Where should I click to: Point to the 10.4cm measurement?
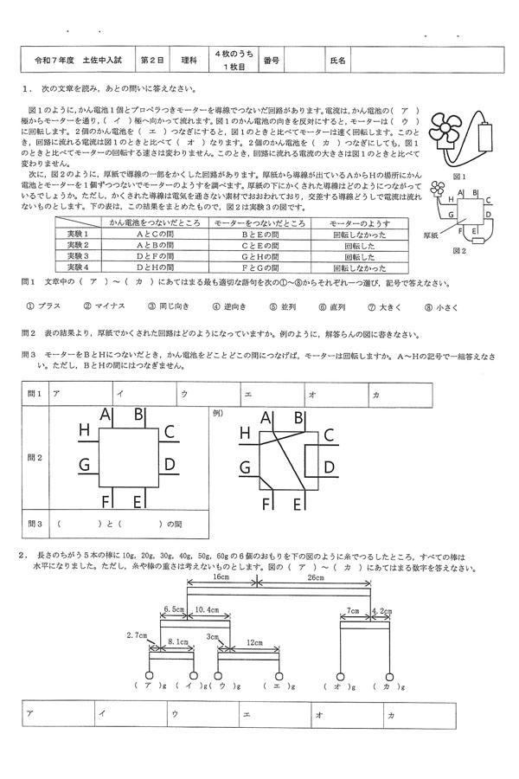pyautogui.click(x=208, y=611)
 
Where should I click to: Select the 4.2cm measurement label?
pyautogui.click(x=381, y=611)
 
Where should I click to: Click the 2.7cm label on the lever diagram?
pyautogui.click(x=137, y=634)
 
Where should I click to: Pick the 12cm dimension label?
pyautogui.click(x=254, y=643)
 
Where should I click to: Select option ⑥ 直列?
pyautogui.click(x=322, y=306)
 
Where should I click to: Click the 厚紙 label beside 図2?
pyautogui.click(x=423, y=234)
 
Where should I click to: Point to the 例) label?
pyautogui.click(x=218, y=414)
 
